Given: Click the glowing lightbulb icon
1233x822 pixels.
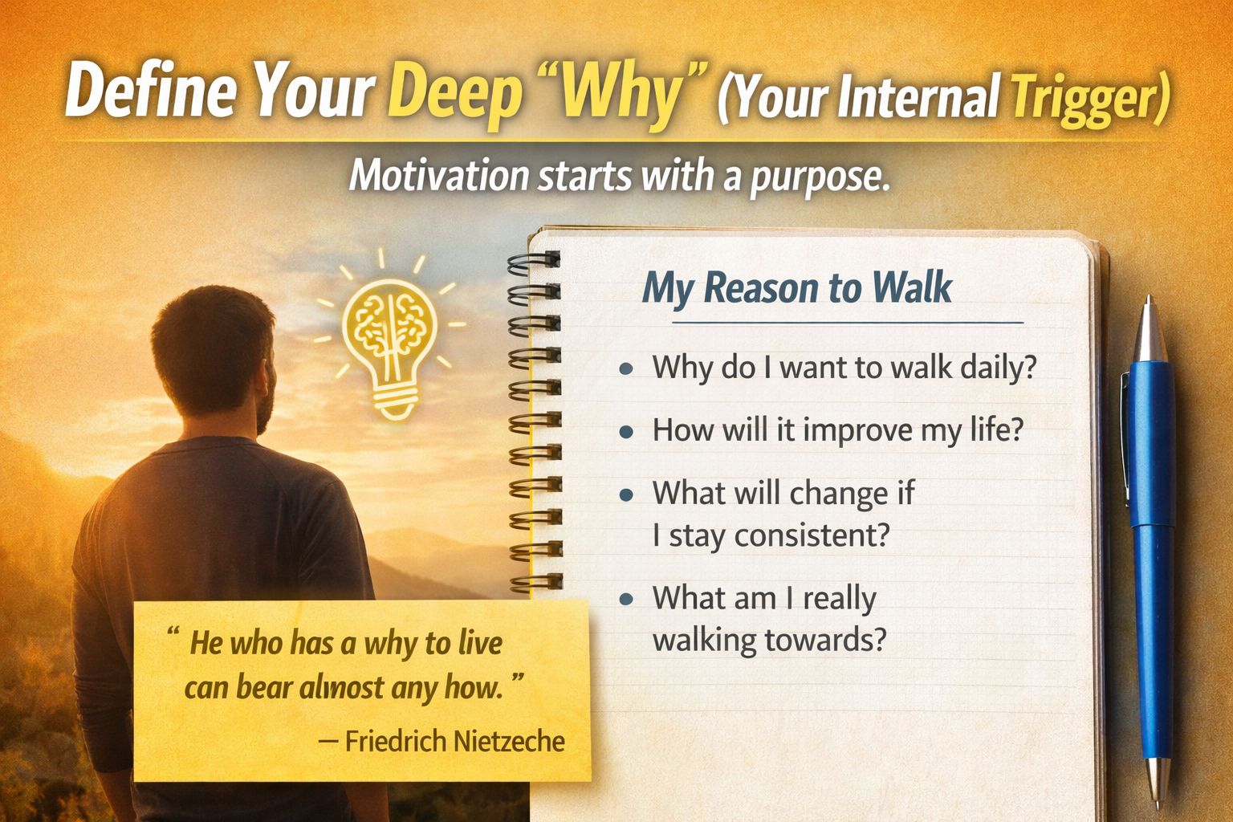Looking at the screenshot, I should (x=390, y=341).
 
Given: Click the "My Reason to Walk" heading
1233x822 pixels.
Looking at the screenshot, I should (x=796, y=287).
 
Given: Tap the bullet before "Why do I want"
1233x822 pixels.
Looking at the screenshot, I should (x=627, y=369).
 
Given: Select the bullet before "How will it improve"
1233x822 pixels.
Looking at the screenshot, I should (x=627, y=432).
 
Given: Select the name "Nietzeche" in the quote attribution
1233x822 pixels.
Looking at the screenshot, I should (x=510, y=741).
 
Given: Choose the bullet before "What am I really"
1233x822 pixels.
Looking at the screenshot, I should (x=627, y=600).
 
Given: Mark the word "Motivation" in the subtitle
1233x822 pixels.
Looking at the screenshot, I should (x=438, y=176).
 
